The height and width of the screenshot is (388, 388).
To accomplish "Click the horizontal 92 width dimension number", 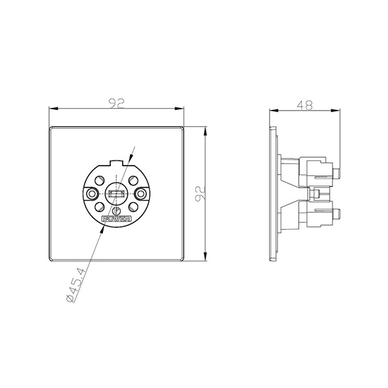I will [117, 102].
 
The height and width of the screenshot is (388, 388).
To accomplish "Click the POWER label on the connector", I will [116, 220].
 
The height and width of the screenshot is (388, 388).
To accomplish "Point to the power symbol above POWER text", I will [116, 210].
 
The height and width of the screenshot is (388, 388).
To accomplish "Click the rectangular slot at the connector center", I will [116, 194].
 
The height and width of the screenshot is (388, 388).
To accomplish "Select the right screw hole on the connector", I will [140, 194].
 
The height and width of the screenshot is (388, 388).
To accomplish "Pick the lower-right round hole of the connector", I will [133, 207].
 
